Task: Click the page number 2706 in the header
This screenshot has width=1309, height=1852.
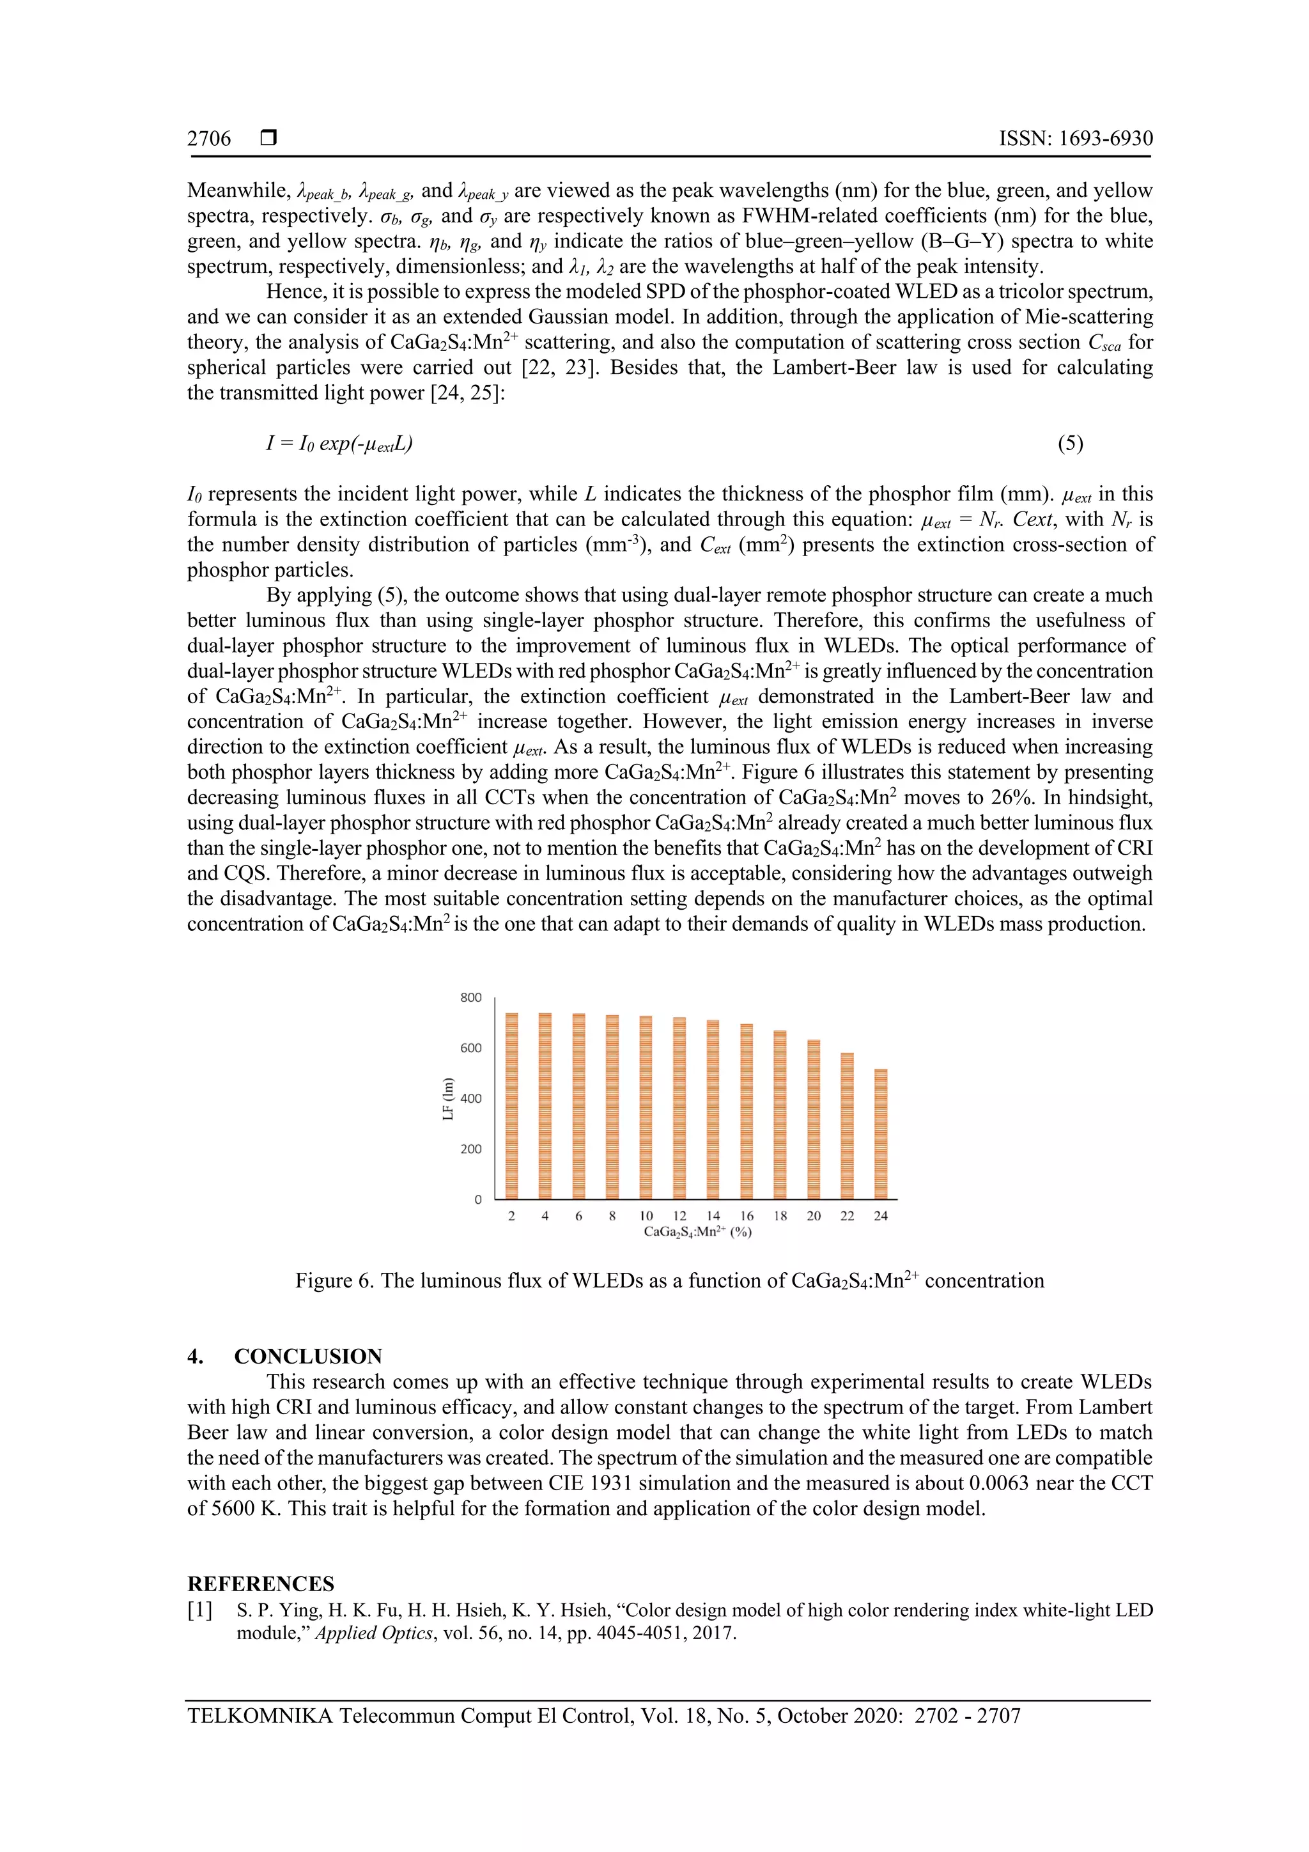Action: point(209,139)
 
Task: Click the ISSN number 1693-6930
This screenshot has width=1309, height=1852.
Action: point(1076,139)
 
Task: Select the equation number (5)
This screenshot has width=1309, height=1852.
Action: point(1070,443)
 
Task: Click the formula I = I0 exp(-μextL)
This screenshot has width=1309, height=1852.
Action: point(339,443)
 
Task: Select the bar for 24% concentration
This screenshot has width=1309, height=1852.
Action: point(881,1133)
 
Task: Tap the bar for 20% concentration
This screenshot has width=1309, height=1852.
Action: point(814,1119)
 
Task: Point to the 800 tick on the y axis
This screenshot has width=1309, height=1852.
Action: point(471,998)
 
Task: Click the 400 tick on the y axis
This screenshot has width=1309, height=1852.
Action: point(471,1099)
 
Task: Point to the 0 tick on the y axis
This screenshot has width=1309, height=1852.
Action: point(477,1199)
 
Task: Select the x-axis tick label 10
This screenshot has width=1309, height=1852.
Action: point(646,1217)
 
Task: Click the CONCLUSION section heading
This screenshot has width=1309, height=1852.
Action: point(308,1357)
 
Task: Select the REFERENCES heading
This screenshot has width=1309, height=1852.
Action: point(261,1584)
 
